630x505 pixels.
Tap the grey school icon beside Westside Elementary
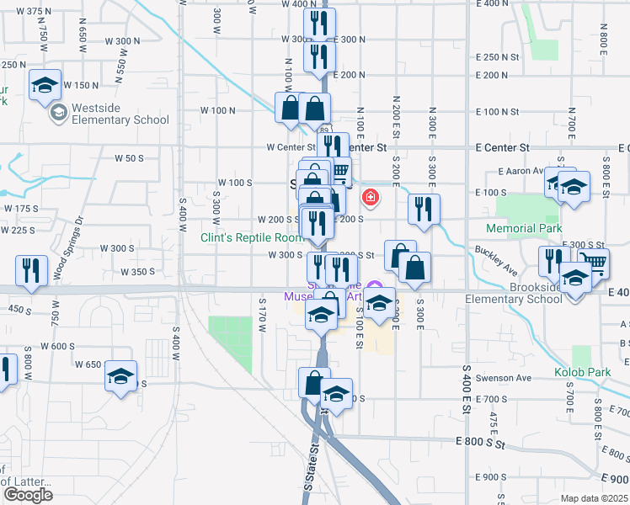[x=58, y=113]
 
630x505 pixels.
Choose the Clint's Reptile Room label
[x=251, y=237]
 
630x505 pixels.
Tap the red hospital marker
[x=368, y=199]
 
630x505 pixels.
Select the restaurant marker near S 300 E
[x=423, y=210]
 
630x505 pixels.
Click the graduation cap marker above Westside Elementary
[x=45, y=85]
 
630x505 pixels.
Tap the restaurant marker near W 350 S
[x=30, y=271]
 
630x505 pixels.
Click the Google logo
[x=28, y=494]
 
